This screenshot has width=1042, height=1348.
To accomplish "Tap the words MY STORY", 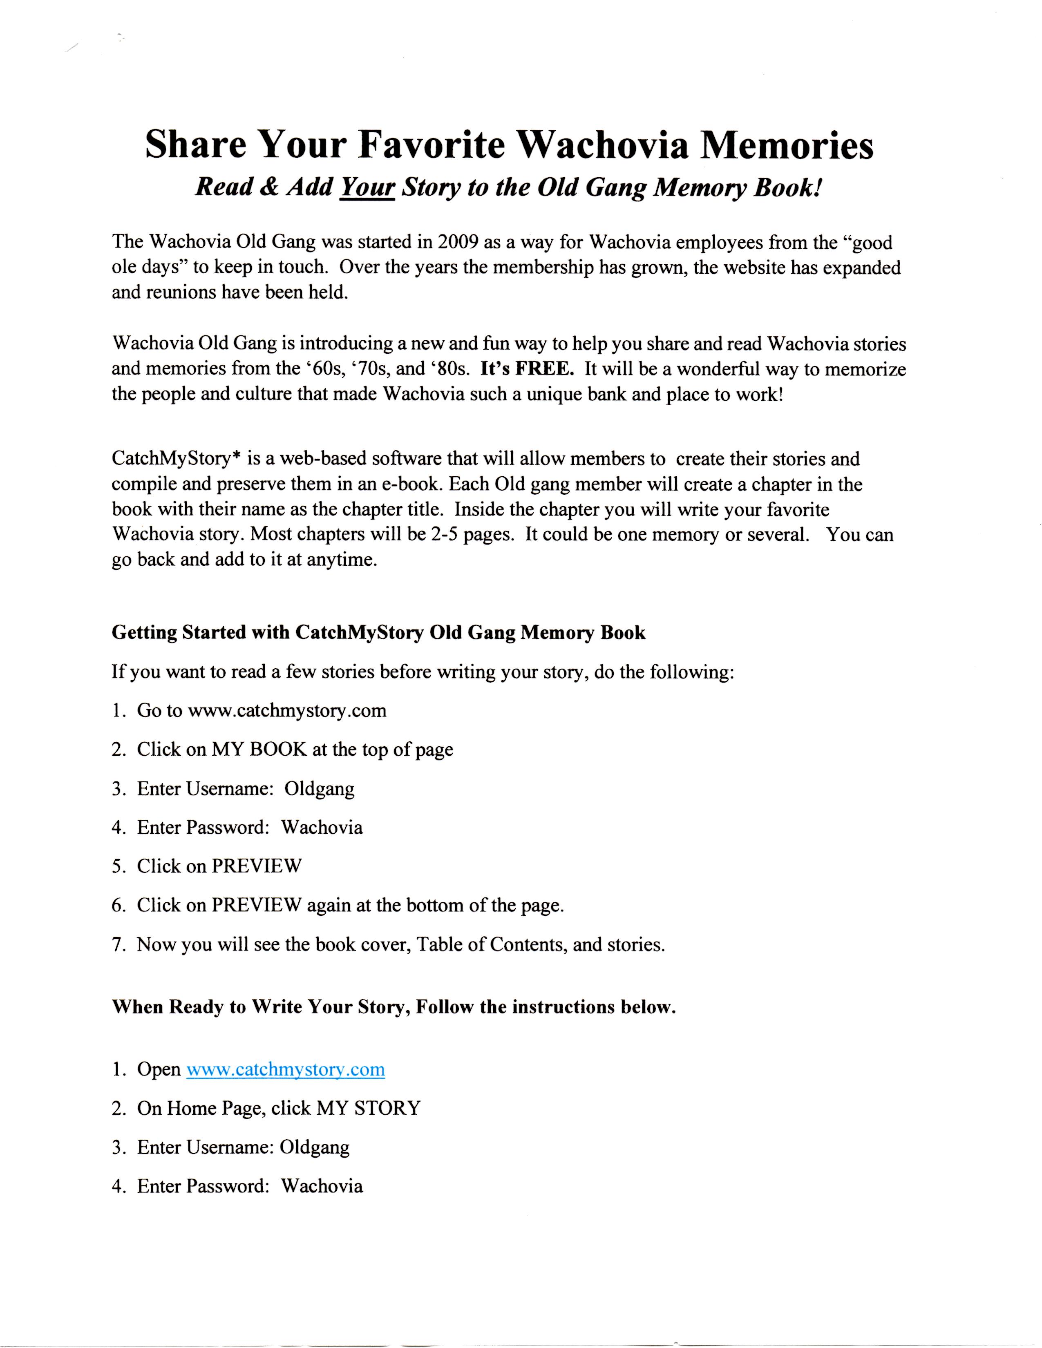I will [368, 1108].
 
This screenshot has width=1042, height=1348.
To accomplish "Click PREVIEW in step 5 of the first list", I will [256, 866].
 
